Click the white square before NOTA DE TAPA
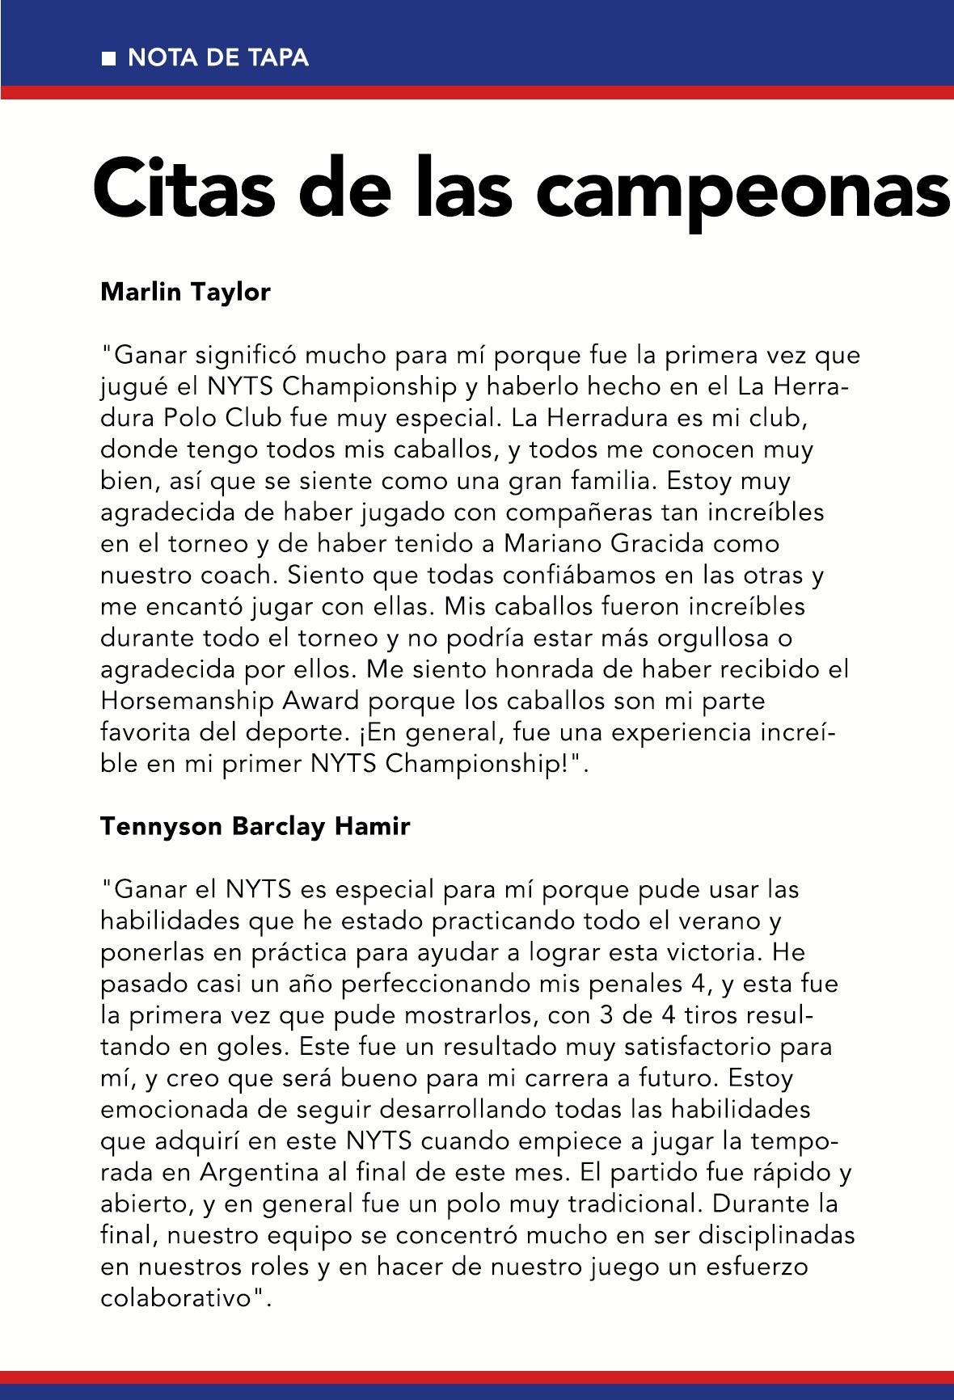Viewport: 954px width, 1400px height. click(108, 59)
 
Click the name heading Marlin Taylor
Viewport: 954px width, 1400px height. click(185, 292)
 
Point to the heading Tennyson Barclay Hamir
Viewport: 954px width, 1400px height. click(255, 826)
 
